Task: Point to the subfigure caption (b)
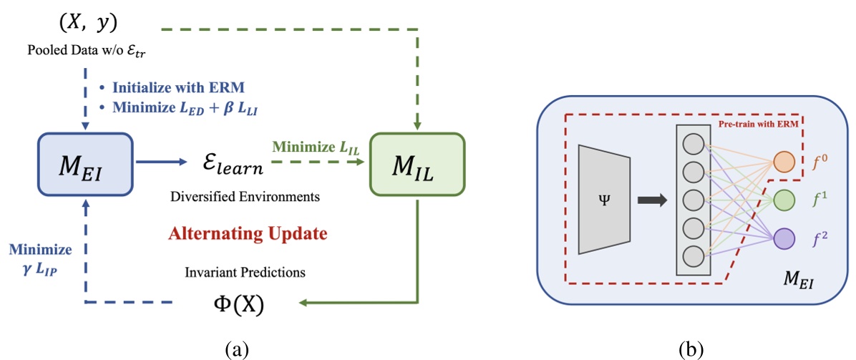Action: (692, 349)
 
